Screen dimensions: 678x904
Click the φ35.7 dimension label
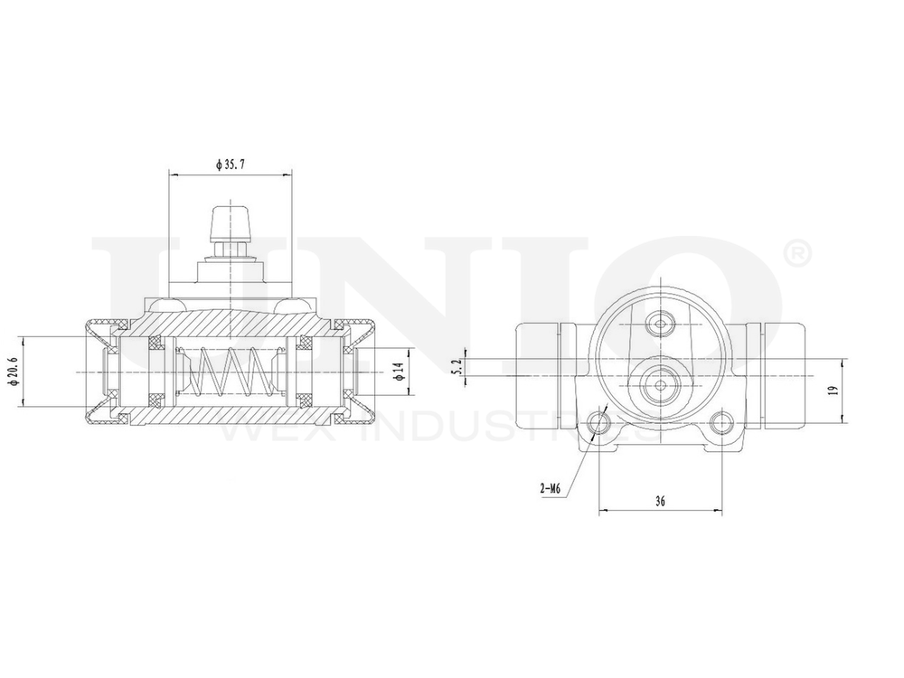(231, 165)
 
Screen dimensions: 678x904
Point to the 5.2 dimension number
(457, 366)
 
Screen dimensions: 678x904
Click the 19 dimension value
(833, 390)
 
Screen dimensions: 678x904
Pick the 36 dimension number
(660, 502)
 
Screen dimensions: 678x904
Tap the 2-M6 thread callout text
(551, 488)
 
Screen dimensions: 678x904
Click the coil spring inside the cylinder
(232, 372)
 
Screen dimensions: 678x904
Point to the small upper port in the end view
(660, 324)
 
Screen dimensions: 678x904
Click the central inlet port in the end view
(660, 385)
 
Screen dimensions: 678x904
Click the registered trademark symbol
(800, 254)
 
